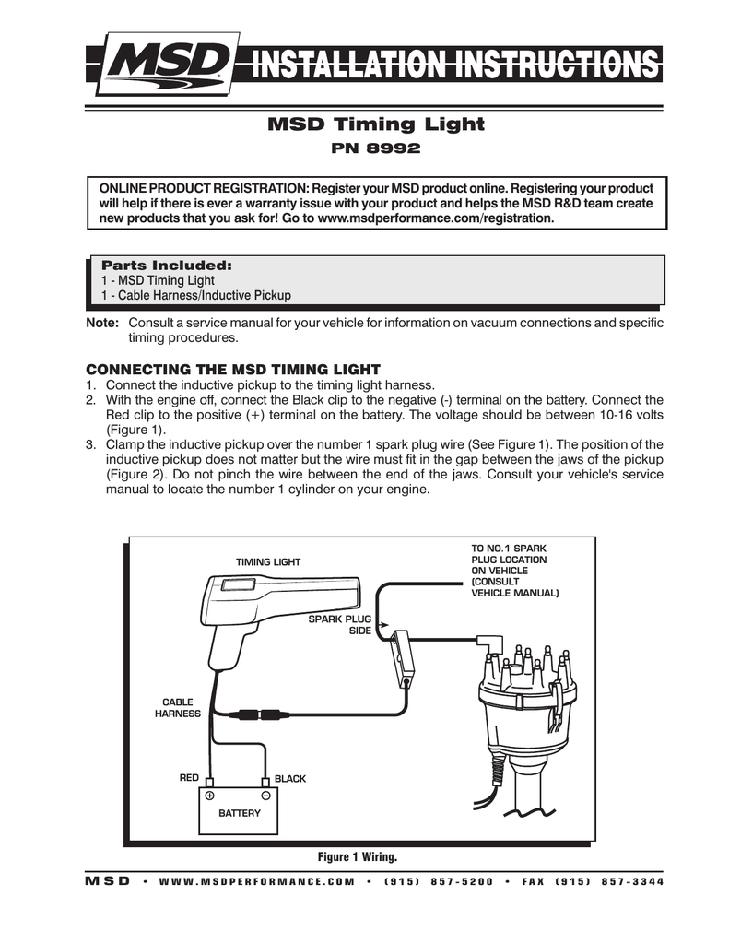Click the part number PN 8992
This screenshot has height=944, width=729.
374,147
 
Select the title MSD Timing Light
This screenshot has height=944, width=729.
374,124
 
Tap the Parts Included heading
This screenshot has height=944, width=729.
166,265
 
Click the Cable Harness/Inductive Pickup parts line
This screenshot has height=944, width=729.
195,296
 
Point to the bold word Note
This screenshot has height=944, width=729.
101,324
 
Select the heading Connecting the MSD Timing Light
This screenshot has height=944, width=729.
233,369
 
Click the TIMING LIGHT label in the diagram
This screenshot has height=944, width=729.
268,562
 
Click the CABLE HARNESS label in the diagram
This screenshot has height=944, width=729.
178,708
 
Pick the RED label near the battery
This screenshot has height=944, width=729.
189,779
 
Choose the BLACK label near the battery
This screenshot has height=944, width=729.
290,779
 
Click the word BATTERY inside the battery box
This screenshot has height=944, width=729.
240,813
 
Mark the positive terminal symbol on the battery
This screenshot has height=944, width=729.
210,795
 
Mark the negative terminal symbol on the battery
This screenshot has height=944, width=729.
265,795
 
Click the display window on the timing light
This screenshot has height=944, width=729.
238,584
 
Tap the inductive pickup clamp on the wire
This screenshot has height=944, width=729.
403,656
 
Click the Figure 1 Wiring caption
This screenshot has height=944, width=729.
358,857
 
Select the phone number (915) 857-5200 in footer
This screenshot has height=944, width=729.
439,881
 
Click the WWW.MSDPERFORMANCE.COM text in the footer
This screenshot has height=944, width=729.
257,881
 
